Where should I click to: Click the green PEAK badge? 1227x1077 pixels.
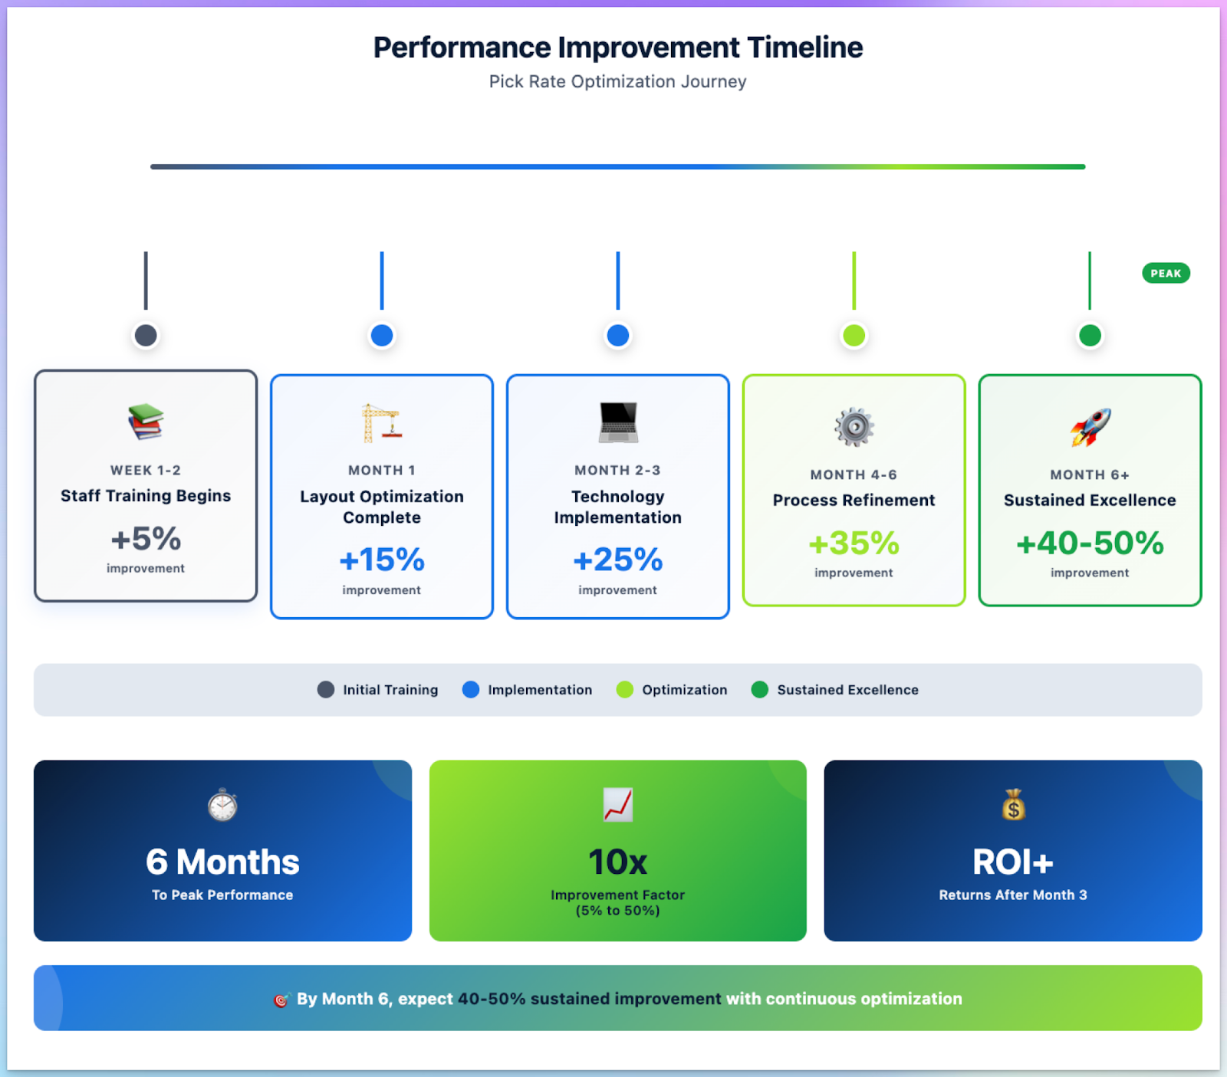pyautogui.click(x=1165, y=273)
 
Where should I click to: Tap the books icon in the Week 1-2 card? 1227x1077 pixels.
pyautogui.click(x=146, y=422)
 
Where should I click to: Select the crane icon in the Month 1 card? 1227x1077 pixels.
pyautogui.click(x=381, y=422)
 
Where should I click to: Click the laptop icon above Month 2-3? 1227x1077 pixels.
pyautogui.click(x=617, y=422)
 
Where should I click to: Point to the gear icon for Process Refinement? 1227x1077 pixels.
pyautogui.click(x=854, y=427)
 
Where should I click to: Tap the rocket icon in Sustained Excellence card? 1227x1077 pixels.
pyautogui.click(x=1090, y=427)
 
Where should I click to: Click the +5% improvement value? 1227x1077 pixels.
pyautogui.click(x=146, y=539)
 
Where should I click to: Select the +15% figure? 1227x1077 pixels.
pyautogui.click(x=381, y=560)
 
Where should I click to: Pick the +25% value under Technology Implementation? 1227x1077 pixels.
pyautogui.click(x=617, y=560)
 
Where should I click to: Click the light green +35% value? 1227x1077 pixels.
pyautogui.click(x=854, y=543)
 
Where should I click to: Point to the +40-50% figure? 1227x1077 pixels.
pyautogui.click(x=1090, y=543)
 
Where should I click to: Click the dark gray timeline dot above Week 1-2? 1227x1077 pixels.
pyautogui.click(x=146, y=335)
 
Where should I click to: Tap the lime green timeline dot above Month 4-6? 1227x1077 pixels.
pyautogui.click(x=854, y=335)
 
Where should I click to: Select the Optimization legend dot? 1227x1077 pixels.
pyautogui.click(x=625, y=689)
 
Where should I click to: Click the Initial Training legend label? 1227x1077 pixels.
pyautogui.click(x=390, y=690)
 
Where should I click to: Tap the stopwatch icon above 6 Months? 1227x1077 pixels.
pyautogui.click(x=222, y=805)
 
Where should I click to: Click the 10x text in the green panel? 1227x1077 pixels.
pyautogui.click(x=617, y=862)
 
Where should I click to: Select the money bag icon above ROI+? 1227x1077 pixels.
pyautogui.click(x=1013, y=805)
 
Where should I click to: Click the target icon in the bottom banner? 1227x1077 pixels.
pyautogui.click(x=281, y=1000)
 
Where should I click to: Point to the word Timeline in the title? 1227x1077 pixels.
pyautogui.click(x=804, y=48)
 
